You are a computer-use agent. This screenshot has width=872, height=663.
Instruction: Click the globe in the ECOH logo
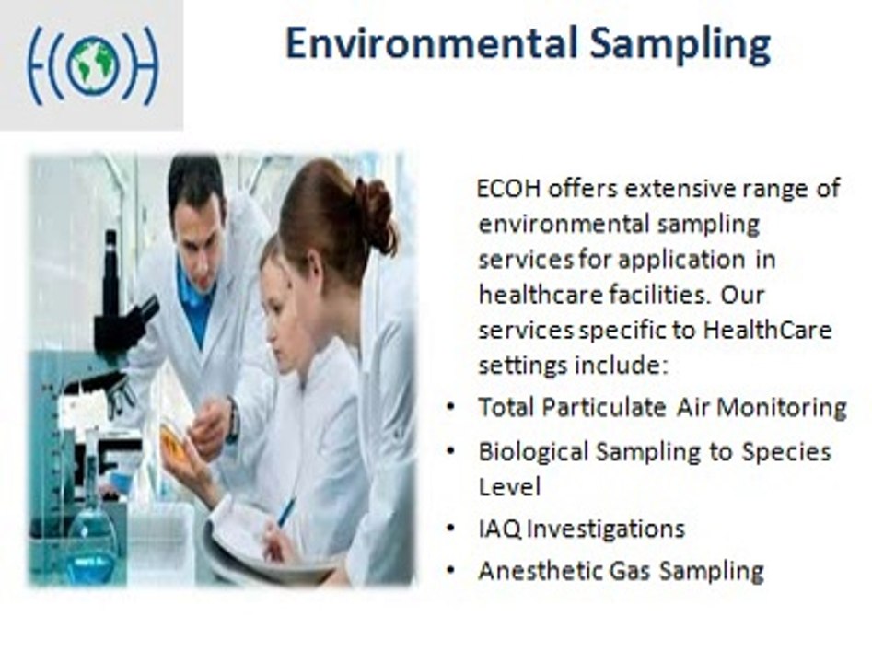click(93, 65)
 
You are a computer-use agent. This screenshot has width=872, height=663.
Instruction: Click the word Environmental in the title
click(432, 44)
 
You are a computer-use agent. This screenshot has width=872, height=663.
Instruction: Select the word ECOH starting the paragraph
click(509, 189)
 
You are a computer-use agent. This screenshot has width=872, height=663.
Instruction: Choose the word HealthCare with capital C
click(767, 330)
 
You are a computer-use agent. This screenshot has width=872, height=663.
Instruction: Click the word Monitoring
click(782, 408)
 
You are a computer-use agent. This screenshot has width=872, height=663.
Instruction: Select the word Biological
click(533, 452)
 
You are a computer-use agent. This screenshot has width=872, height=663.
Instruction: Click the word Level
click(509, 487)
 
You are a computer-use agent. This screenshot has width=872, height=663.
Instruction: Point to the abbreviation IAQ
click(500, 529)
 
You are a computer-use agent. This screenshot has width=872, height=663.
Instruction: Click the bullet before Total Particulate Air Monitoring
click(450, 408)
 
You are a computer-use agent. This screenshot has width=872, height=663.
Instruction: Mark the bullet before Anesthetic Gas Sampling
click(450, 571)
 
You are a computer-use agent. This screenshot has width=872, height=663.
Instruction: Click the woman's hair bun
click(376, 215)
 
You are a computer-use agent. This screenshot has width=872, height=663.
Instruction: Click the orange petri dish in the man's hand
click(172, 443)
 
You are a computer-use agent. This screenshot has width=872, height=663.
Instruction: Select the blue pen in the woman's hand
click(286, 512)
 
